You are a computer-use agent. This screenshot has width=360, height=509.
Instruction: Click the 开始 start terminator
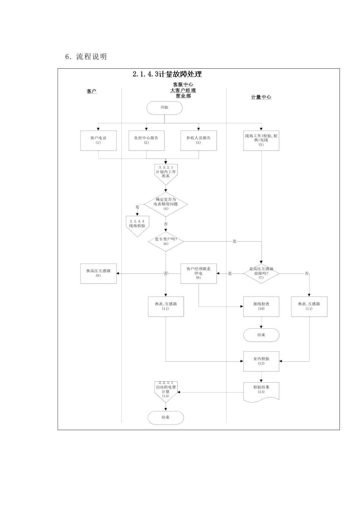coord(164,108)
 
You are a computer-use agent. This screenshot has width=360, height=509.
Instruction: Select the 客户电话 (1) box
coord(99,141)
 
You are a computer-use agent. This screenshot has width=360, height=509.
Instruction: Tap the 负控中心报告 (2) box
coord(146,141)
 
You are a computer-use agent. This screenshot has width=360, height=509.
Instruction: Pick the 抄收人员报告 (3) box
coord(199,141)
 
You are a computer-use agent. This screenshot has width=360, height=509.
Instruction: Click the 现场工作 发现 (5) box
coord(261,141)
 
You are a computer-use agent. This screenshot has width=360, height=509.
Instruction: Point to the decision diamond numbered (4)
coord(166,204)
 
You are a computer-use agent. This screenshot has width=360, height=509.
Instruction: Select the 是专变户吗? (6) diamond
coord(166,242)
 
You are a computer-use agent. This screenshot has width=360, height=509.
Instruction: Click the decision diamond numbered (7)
coord(261,273)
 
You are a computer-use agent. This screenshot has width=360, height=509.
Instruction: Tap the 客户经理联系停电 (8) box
coord(199,273)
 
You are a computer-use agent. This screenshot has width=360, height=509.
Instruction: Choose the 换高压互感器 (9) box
coord(99,273)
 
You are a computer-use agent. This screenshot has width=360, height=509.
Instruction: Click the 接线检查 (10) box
coord(261,306)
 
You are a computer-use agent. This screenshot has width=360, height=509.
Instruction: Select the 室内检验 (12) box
coord(261,361)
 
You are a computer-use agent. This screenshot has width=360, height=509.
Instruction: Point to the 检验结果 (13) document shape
coord(261,390)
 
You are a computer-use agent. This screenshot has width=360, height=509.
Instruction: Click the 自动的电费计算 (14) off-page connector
coord(166,392)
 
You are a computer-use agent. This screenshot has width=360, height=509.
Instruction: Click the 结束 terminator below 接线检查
coord(261,335)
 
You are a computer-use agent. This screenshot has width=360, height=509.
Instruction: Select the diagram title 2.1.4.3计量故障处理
coord(167,75)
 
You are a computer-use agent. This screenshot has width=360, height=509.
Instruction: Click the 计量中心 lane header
coord(261,97)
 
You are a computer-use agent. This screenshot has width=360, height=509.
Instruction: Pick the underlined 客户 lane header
coord(92,92)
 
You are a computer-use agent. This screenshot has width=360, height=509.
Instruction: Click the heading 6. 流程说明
coord(86,57)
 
